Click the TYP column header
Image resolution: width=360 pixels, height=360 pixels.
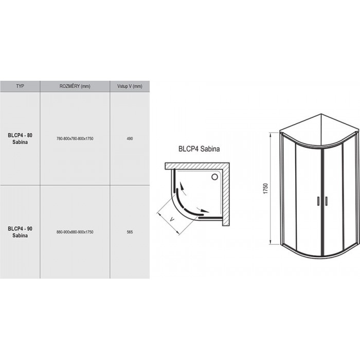20,86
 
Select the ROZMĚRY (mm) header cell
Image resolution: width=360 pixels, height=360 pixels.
75,86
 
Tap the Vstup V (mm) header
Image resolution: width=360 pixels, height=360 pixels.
130,86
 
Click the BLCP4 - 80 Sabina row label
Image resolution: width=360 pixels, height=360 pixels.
20,138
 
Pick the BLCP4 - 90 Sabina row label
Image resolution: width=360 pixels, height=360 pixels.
20,232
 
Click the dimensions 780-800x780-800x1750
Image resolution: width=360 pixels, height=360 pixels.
75,138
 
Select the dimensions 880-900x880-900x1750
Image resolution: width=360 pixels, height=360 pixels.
75,232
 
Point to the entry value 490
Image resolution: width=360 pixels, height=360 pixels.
130,138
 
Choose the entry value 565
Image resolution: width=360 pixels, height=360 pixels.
130,232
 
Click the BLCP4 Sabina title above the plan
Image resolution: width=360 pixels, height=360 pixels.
199,149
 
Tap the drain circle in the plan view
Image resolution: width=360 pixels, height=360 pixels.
214,177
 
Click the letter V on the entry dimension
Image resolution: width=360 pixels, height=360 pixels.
172,220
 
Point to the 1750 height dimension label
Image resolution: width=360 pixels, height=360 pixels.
266,189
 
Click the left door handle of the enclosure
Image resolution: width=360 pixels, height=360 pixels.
318,201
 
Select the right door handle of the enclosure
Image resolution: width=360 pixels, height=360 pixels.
326,201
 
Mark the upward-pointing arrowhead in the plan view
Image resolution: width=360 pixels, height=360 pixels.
182,186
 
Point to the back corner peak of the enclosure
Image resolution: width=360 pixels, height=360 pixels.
321,114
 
